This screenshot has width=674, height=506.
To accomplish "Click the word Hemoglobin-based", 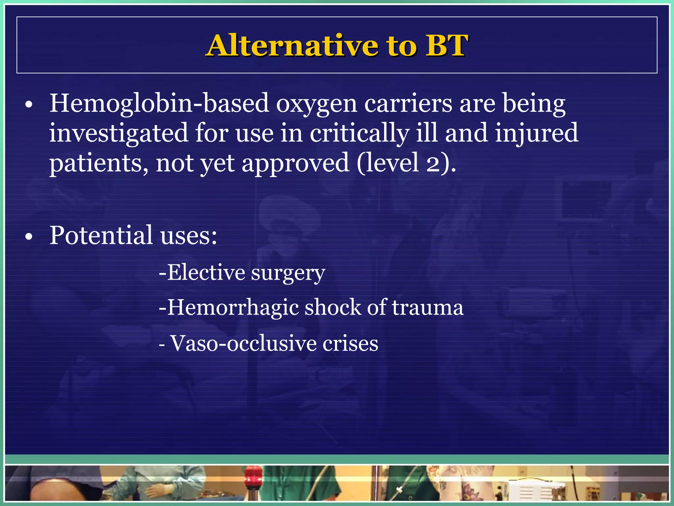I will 159,104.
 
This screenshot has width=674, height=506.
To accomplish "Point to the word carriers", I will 408,104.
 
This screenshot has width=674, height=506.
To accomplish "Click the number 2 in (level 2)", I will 434,163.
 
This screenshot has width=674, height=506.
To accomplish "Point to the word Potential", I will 101,236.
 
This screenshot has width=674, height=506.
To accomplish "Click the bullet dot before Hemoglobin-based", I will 29,105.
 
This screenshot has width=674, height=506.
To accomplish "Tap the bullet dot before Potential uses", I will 29,237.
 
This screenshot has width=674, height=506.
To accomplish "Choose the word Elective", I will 206,273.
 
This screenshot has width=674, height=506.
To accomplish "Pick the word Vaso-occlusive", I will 244,344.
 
